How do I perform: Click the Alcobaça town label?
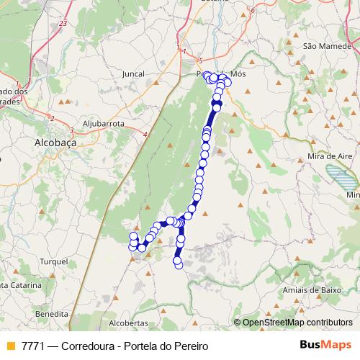coord(55,143)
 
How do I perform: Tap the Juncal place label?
coord(133,73)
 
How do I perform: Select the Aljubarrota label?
coord(104,124)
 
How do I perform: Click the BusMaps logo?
coord(325,345)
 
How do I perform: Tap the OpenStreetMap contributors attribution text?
coord(297,323)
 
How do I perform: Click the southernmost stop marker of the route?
coord(179,265)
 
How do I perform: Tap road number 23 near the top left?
coord(63,24)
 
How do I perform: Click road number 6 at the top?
coord(253,12)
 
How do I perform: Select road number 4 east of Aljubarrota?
coord(145,134)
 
